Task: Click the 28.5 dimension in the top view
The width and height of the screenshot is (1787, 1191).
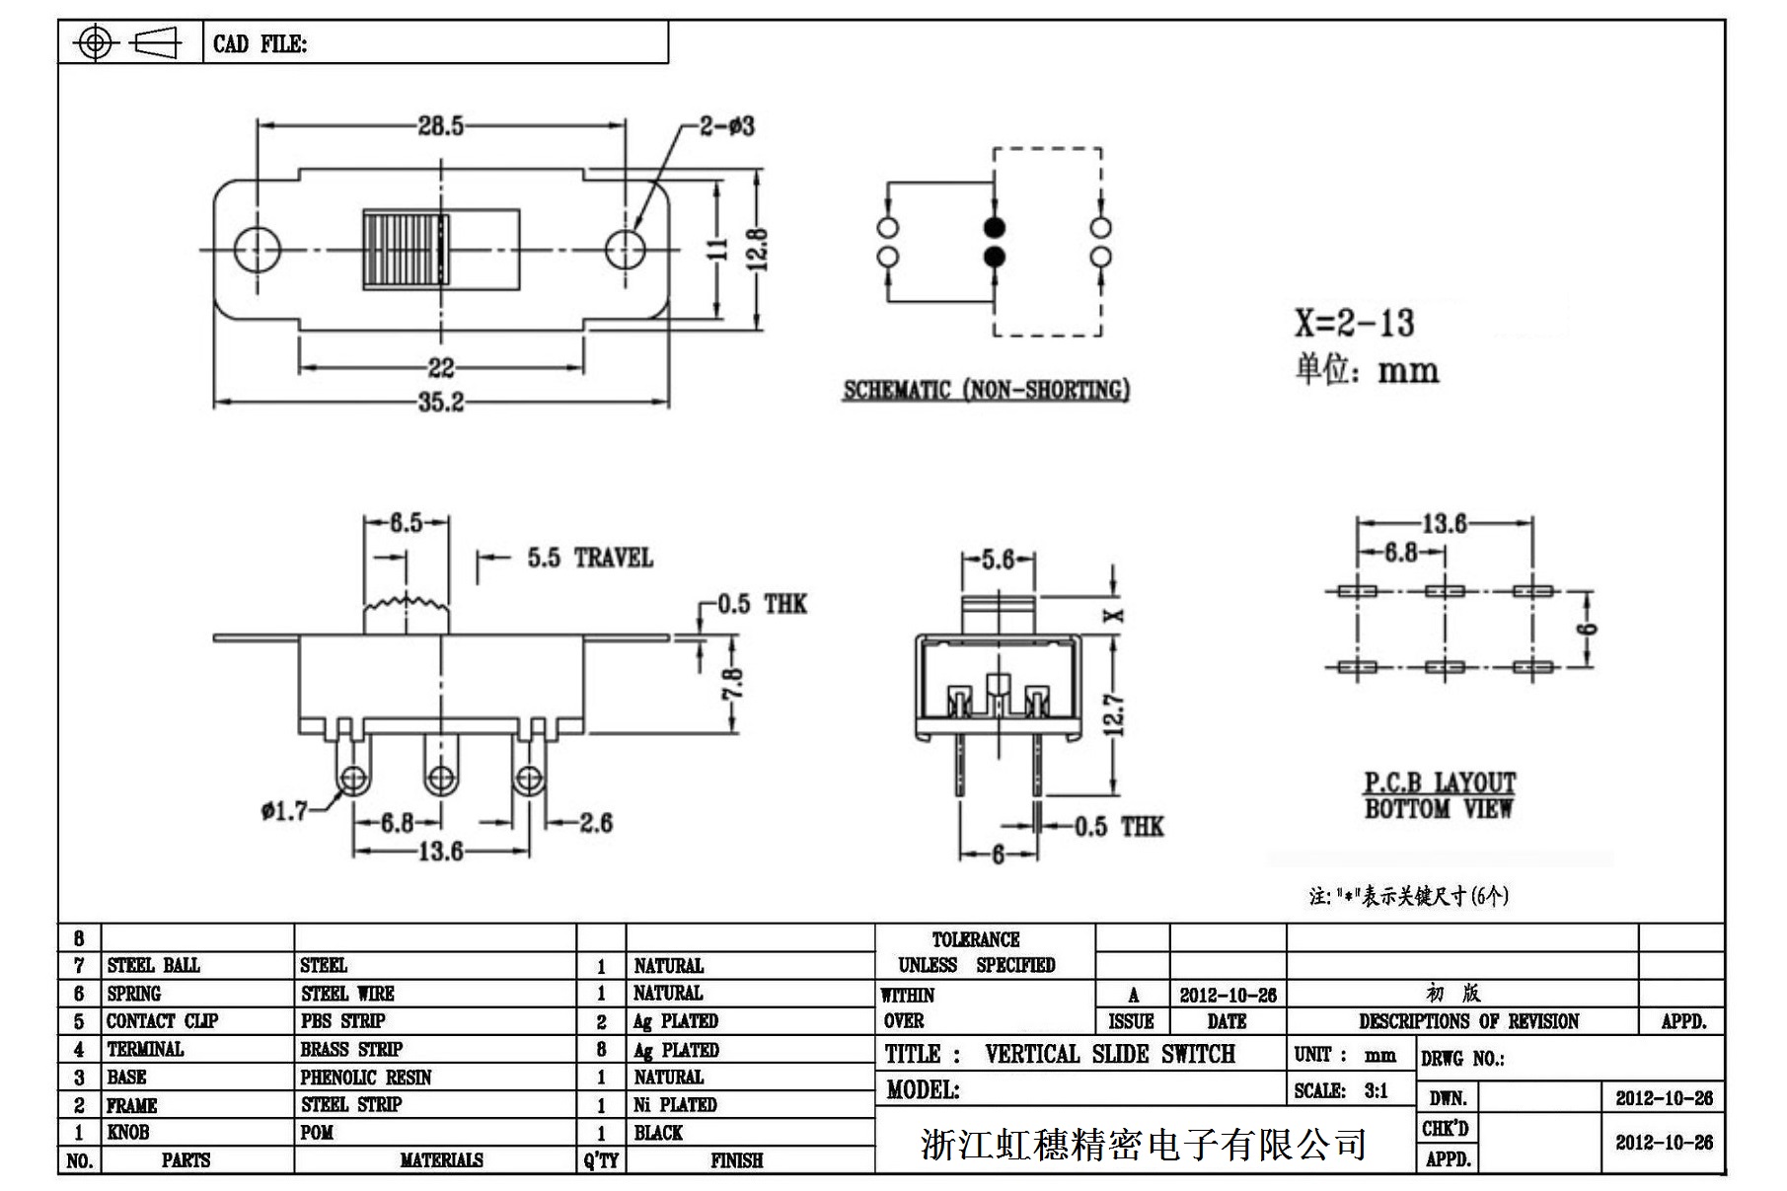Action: [x=440, y=126]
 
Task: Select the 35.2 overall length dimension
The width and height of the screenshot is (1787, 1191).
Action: [x=440, y=403]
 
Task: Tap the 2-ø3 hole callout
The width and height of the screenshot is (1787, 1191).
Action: [x=727, y=126]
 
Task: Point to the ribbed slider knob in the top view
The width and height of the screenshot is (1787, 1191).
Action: [x=406, y=249]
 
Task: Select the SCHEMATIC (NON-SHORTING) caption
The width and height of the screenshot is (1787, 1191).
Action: [x=986, y=391]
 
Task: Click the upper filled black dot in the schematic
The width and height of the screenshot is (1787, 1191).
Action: [x=994, y=228]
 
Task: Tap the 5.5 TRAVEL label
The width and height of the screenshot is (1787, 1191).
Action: [x=589, y=558]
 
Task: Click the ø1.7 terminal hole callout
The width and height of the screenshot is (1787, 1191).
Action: [x=284, y=811]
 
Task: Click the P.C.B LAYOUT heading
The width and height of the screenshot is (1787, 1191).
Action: [x=1439, y=783]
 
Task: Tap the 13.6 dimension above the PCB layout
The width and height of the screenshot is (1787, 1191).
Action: [x=1444, y=523]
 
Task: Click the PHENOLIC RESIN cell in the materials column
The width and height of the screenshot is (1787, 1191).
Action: [x=366, y=1077]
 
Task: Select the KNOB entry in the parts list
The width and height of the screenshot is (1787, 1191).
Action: [x=128, y=1132]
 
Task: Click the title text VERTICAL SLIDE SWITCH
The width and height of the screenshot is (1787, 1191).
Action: [x=1109, y=1054]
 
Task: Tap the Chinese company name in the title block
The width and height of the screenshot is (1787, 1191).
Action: [x=1143, y=1144]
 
